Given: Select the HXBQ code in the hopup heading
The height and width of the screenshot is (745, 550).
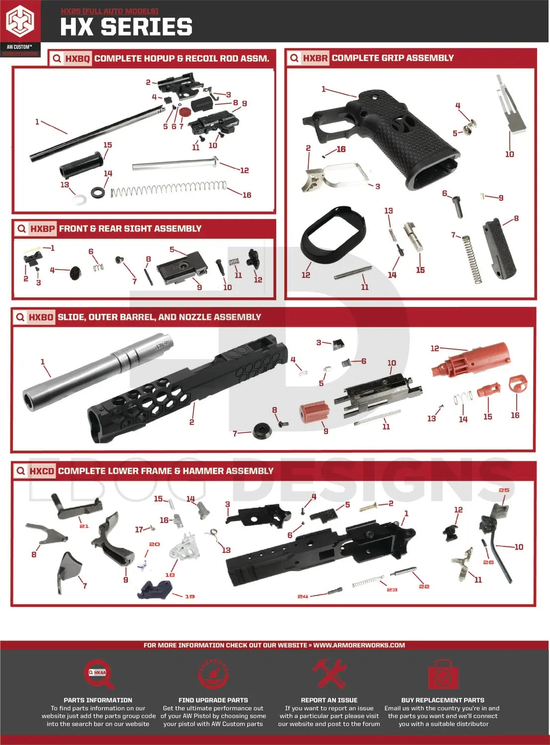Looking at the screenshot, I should [x=78, y=59].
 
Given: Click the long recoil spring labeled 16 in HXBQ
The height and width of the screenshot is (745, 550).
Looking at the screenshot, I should [x=169, y=189].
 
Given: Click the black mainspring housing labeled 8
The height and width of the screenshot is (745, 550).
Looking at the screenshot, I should [x=499, y=248].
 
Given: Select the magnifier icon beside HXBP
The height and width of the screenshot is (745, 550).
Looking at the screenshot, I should [x=21, y=229].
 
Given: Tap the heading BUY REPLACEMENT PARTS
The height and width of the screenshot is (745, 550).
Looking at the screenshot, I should [x=442, y=700].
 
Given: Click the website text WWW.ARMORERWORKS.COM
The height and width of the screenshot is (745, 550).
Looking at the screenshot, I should [x=359, y=645].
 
